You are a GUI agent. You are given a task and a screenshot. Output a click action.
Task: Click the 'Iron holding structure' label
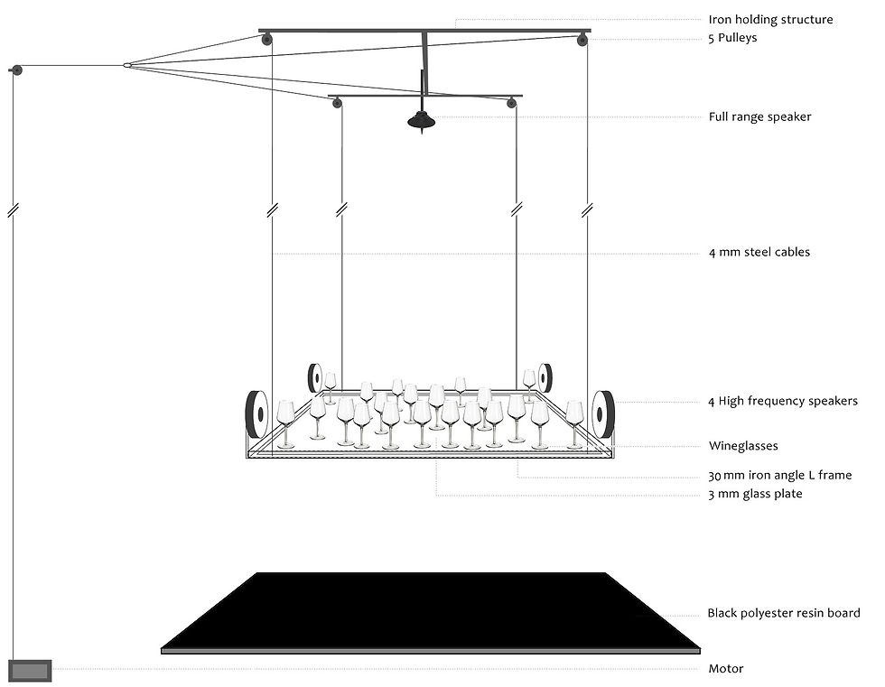(x=770, y=19)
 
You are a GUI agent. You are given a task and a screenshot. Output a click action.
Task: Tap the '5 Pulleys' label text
(x=732, y=39)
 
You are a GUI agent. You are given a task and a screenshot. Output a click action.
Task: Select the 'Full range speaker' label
(x=759, y=116)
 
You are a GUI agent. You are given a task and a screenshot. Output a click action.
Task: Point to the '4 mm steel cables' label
(x=759, y=252)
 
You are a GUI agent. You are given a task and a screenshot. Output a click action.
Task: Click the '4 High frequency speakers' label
(x=782, y=401)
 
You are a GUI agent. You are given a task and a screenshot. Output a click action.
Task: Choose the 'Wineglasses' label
(x=742, y=445)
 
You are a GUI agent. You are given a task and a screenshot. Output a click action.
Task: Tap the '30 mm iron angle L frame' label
(x=779, y=475)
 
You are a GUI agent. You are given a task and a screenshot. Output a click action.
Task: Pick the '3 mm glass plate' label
(x=755, y=494)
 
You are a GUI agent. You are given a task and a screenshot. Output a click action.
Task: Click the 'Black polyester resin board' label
(x=783, y=614)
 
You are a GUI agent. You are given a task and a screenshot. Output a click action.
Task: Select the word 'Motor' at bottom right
(x=725, y=669)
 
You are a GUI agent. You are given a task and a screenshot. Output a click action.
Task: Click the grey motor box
(x=31, y=670)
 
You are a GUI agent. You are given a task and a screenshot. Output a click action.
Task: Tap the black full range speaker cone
(x=421, y=120)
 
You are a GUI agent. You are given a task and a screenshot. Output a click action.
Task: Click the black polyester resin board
(x=430, y=610)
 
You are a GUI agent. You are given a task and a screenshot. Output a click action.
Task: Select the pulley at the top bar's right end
(x=582, y=39)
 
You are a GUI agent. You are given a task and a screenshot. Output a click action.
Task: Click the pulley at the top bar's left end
(x=266, y=39)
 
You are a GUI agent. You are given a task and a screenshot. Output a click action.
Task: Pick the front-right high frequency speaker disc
(x=602, y=415)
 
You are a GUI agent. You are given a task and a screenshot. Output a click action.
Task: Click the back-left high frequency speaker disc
(x=316, y=377)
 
